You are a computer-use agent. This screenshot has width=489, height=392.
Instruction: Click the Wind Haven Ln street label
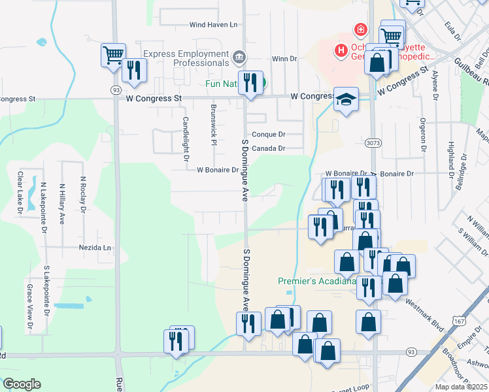(x=212, y=25)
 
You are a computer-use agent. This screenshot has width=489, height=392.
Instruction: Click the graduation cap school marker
(x=346, y=100)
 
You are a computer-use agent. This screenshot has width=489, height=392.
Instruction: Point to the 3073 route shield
(x=372, y=141)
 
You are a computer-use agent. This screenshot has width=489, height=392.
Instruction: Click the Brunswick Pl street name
(x=213, y=124)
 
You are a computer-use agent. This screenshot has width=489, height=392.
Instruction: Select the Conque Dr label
(x=269, y=134)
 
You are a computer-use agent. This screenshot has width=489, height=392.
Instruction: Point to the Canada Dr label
(x=269, y=148)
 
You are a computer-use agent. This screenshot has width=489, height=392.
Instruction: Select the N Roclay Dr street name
(x=83, y=195)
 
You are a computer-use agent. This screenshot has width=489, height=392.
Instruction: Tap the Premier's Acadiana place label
(x=316, y=282)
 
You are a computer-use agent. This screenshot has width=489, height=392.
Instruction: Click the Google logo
(x=22, y=384)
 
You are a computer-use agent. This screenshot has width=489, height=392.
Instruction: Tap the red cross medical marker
(x=359, y=29)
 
